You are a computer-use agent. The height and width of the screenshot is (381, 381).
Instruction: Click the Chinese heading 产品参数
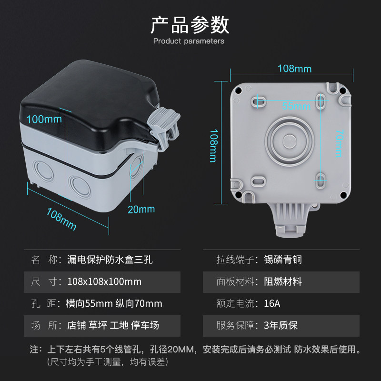coord(190,25)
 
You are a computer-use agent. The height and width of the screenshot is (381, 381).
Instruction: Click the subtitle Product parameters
coord(189,41)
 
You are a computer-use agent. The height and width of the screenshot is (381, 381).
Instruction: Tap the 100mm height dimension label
coord(44,120)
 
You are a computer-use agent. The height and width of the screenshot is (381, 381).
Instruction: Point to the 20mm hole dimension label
coord(141,209)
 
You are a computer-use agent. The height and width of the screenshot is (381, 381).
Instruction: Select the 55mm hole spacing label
coord(296,106)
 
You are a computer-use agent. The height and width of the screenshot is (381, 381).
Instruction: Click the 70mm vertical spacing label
coord(339,143)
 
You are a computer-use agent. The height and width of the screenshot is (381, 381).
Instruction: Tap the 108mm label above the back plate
coord(294,69)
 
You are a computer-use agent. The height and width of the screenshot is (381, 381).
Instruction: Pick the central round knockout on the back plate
coord(290,141)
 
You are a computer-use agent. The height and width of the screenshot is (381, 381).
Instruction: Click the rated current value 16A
coord(272,303)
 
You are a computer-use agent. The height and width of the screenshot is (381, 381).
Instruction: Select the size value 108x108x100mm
coord(104,281)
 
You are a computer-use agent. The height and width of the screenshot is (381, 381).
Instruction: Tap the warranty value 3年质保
coord(281,325)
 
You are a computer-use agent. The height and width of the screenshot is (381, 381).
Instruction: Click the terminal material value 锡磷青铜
coord(283,260)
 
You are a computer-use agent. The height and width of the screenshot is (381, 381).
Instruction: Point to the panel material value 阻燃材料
coord(283,281)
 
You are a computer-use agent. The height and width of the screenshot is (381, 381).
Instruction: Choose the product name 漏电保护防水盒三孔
coord(110,260)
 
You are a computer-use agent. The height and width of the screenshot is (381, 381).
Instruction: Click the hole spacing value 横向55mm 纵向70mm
coord(114,303)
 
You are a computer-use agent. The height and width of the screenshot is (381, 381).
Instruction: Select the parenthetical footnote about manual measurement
coord(108,362)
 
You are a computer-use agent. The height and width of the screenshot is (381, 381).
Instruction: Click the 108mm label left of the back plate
coord(213,146)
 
